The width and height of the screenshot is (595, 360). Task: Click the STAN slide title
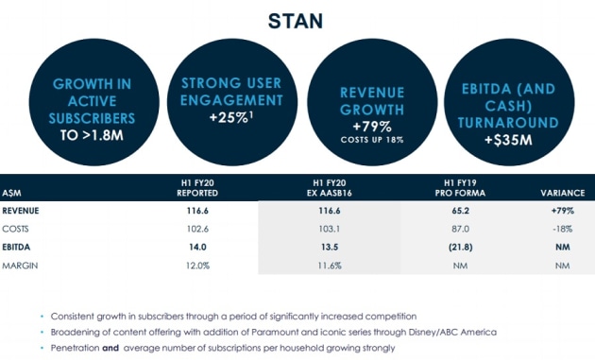click(296, 21)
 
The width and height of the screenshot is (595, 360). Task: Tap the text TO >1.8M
click(92, 135)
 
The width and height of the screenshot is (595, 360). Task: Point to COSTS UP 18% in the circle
click(372, 140)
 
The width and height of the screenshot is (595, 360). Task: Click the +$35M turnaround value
click(508, 140)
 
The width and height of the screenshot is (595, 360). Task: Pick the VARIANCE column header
click(562, 193)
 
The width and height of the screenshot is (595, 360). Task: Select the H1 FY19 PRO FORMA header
click(460, 188)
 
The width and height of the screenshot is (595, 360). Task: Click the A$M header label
click(11, 194)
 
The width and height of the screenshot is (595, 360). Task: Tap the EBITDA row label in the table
click(16, 248)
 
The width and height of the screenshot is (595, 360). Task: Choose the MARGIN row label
click(20, 266)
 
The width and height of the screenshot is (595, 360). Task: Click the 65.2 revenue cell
click(460, 211)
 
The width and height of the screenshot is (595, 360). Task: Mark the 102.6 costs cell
click(197, 229)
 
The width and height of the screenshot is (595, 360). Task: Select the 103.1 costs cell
click(329, 229)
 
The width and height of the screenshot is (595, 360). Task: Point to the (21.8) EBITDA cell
click(460, 248)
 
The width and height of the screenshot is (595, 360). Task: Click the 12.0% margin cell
click(197, 266)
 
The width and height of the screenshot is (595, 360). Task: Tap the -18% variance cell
click(562, 229)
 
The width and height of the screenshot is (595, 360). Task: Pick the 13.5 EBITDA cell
click(330, 248)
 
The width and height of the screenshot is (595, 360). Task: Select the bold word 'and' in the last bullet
click(110, 348)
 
